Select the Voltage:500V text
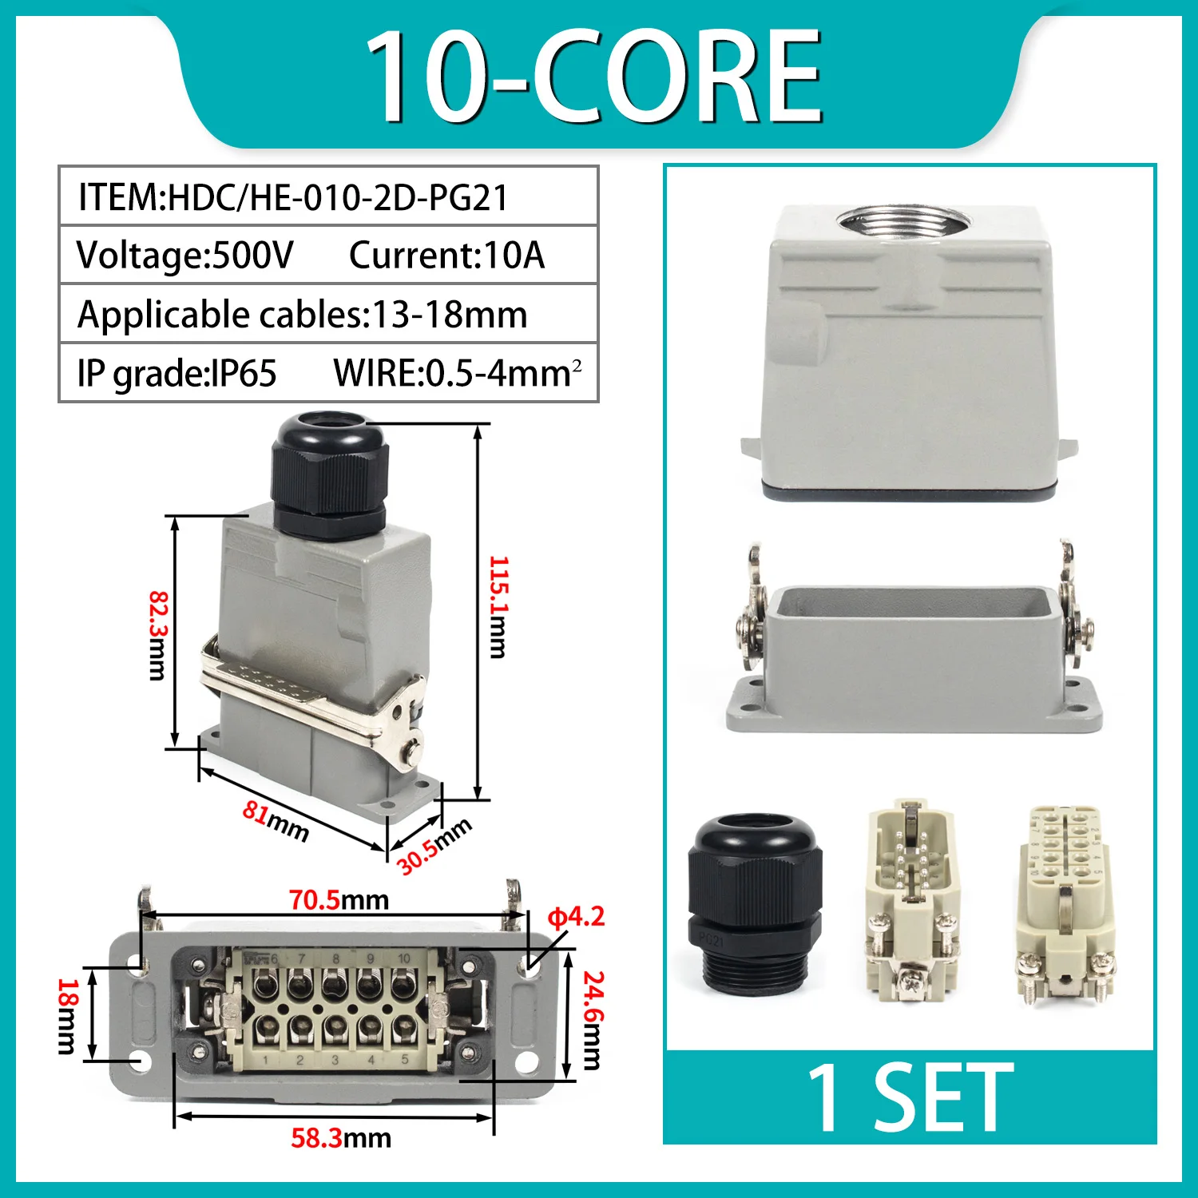(184, 256)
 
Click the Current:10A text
(446, 256)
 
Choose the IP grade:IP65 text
(177, 373)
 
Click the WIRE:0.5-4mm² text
(457, 373)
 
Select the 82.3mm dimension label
(158, 635)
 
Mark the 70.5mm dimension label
(339, 900)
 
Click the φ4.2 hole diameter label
(576, 917)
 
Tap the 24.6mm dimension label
(592, 1020)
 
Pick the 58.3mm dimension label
(341, 1137)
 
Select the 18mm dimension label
(67, 1016)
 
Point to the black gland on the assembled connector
(329, 474)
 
